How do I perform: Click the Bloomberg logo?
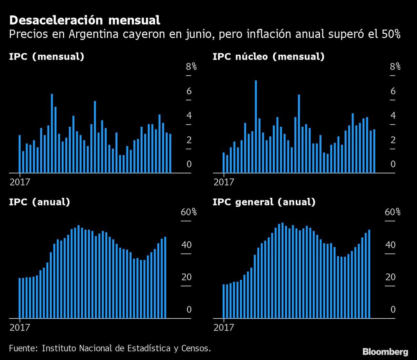point(385,351)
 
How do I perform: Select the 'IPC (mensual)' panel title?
point(47,57)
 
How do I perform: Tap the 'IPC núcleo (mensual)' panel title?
point(269,57)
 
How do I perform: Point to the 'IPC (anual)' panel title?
point(40,202)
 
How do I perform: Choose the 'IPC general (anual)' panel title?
point(264,202)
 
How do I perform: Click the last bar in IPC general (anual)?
point(369,274)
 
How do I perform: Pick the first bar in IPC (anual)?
point(20,298)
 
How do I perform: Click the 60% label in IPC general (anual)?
point(392,212)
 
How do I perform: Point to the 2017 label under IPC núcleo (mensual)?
point(224,182)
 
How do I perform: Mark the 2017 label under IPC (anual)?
point(20,327)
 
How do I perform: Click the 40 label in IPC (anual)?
point(186,245)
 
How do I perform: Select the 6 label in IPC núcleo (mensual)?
point(393,91)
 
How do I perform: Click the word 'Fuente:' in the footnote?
point(23,348)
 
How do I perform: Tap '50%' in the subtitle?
point(389,35)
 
